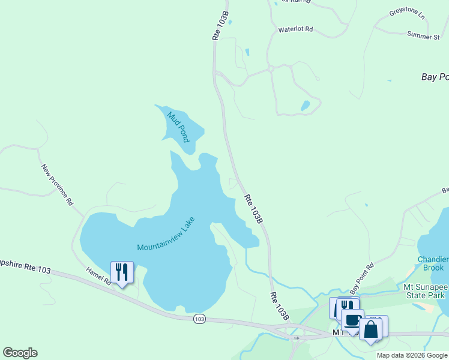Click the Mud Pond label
(179, 127)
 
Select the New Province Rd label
(57, 185)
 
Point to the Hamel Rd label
(98, 276)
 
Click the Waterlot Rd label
(295, 29)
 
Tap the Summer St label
(423, 37)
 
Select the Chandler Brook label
(433, 263)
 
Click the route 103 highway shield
(199, 319)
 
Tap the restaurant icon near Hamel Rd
(122, 272)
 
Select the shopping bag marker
(371, 329)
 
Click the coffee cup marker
(352, 320)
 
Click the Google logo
(20, 353)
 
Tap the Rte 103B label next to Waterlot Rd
(221, 26)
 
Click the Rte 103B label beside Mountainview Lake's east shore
(253, 208)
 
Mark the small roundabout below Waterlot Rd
(271, 69)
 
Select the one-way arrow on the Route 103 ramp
(295, 338)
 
